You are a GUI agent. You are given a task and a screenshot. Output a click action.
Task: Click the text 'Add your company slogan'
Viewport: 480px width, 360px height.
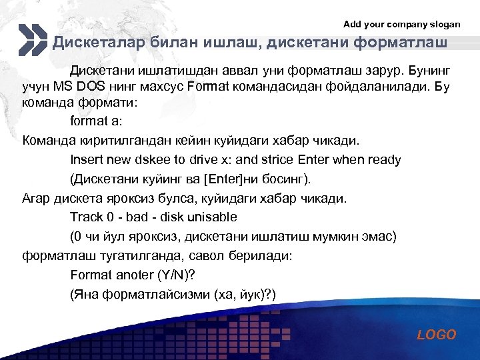[x=401, y=24]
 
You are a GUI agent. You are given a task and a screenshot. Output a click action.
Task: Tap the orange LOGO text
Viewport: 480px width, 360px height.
[x=437, y=335]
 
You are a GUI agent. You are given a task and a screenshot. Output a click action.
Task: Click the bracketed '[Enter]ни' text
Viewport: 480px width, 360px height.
[x=221, y=179]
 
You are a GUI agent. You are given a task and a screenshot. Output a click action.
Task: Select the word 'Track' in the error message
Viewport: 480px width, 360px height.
[x=87, y=217]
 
